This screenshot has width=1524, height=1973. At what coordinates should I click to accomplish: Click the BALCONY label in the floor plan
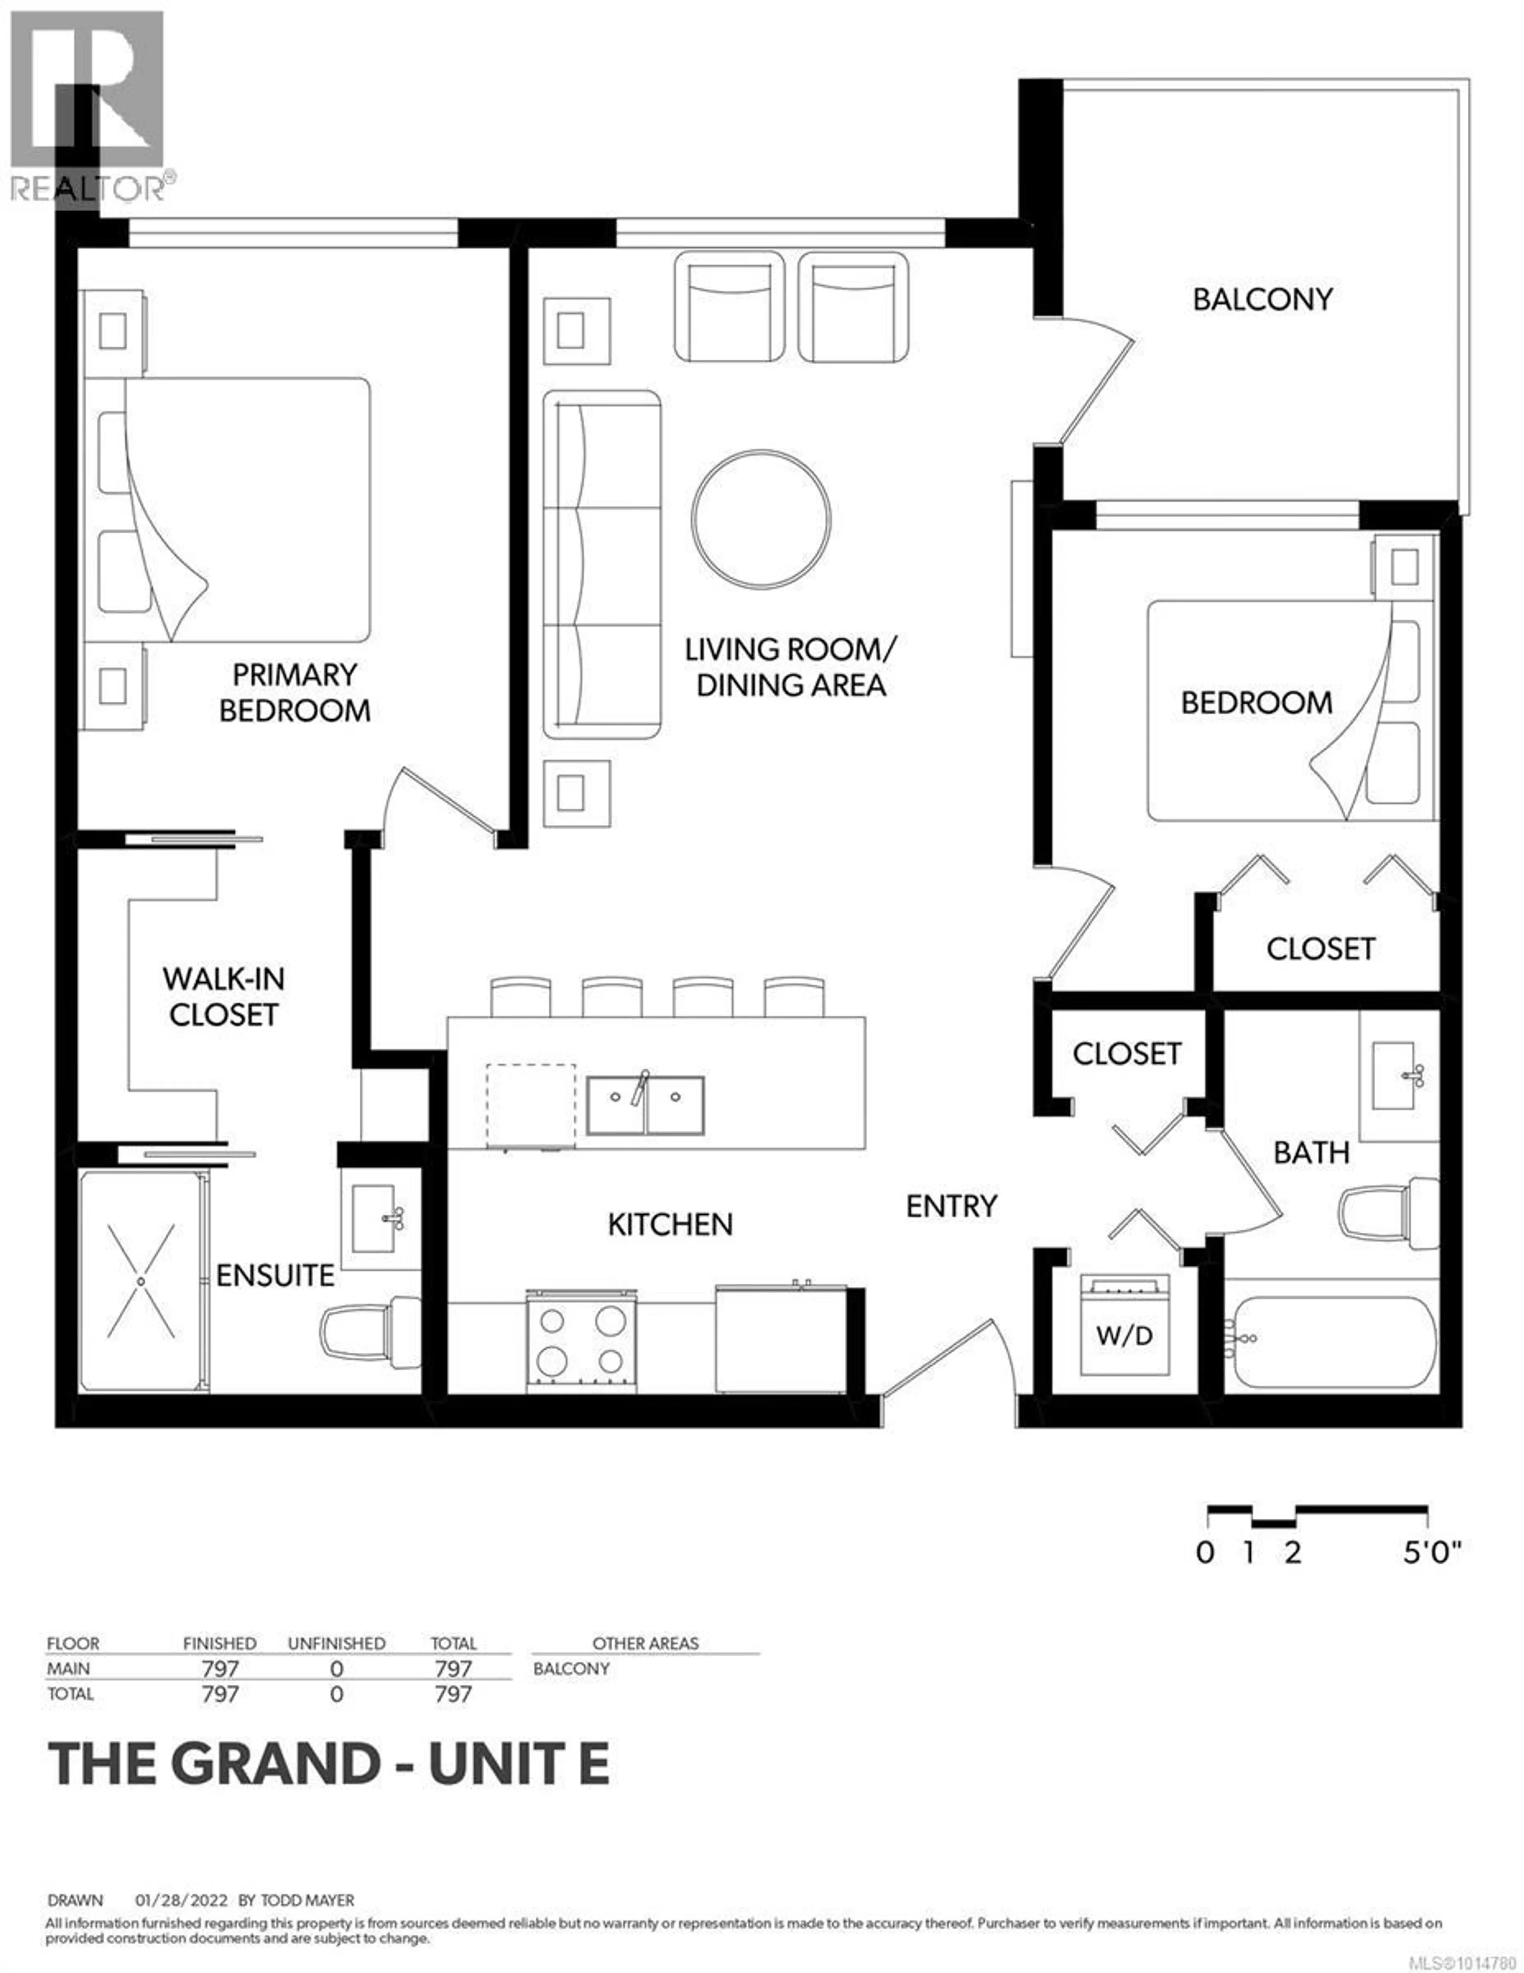pos(1262,299)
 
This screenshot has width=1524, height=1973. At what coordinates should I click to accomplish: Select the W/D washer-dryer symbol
pos(1125,1325)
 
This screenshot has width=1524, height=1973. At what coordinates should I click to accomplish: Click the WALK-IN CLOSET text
pos(223,997)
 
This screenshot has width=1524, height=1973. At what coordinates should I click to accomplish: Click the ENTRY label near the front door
pos(951,1206)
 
